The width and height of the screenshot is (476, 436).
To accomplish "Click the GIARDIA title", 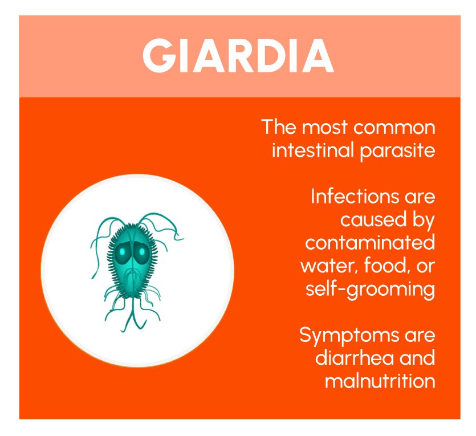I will [x=238, y=56].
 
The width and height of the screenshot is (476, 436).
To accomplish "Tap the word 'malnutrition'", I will [x=380, y=381].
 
